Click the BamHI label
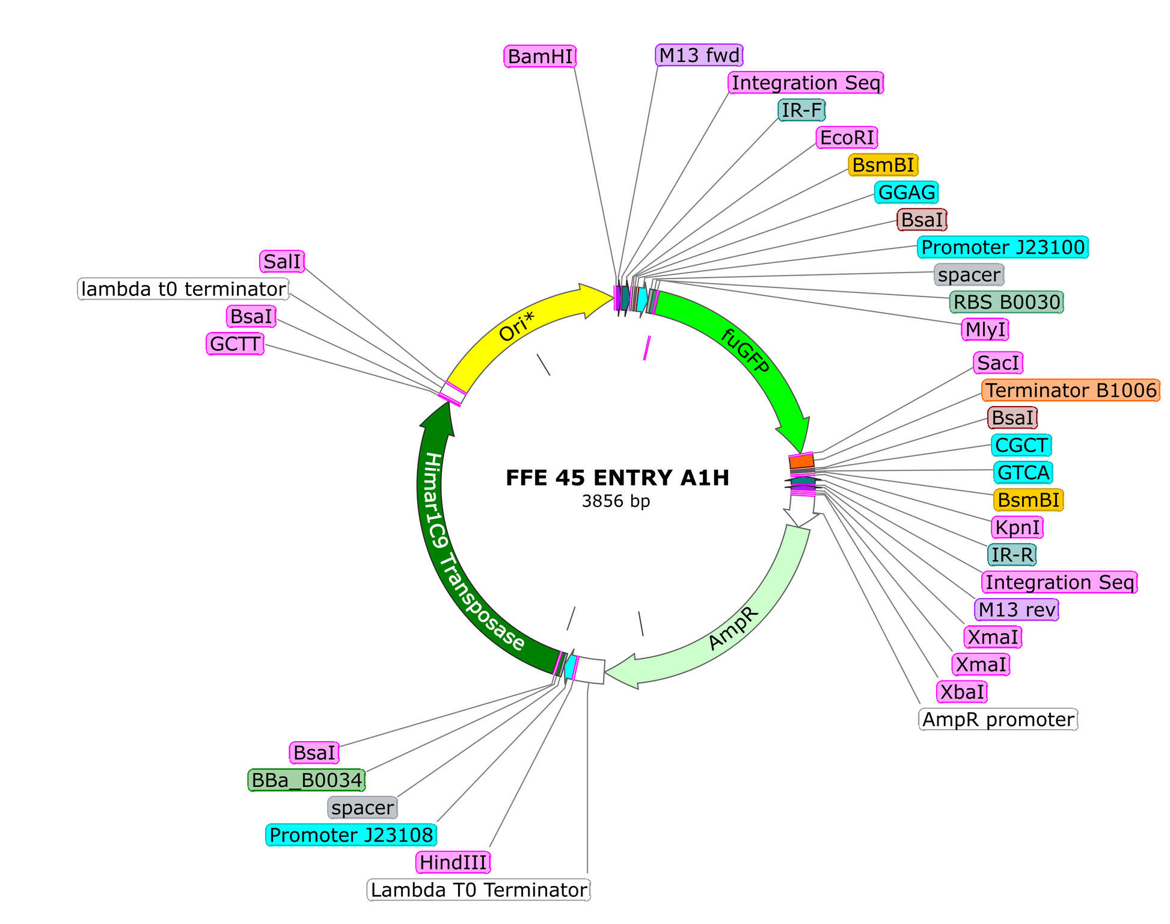[x=540, y=57]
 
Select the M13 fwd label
[x=699, y=55]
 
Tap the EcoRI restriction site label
[x=847, y=138]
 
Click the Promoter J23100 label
[x=1003, y=247]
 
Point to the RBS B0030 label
[x=1006, y=302]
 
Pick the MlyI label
[x=985, y=330]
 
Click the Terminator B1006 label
[x=1071, y=390]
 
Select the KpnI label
[x=1017, y=528]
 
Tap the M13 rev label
[x=1017, y=610]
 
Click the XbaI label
[x=963, y=692]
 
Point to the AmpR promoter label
[x=998, y=719]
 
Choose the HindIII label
[x=453, y=863]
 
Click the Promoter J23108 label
[x=351, y=835]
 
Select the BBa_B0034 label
[x=307, y=780]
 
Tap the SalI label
[x=283, y=262]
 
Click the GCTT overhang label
[x=235, y=344]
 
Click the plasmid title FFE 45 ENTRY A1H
[x=617, y=478]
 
